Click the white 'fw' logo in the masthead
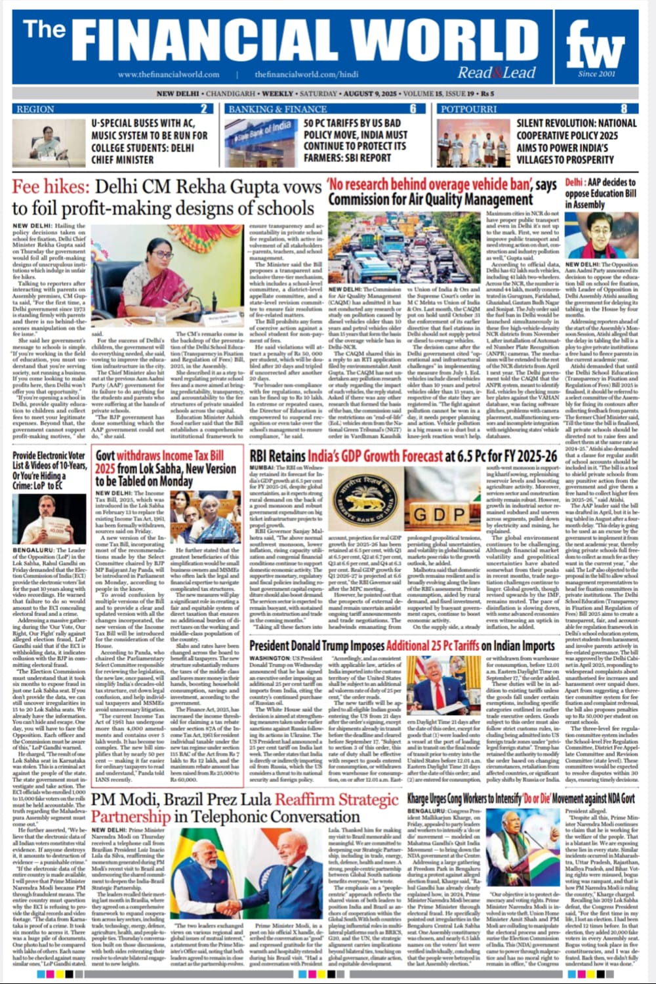pos(596,48)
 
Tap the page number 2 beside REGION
pos(204,109)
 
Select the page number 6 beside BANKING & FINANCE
pos(413,109)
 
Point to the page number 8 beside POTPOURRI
pos(624,109)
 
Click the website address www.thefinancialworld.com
pos(169,75)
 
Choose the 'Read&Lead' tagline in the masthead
pos(497,73)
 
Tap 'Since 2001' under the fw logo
pos(596,74)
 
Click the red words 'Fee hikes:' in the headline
pos(49,188)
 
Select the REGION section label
pos(35,109)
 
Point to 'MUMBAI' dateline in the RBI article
pos(262,468)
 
